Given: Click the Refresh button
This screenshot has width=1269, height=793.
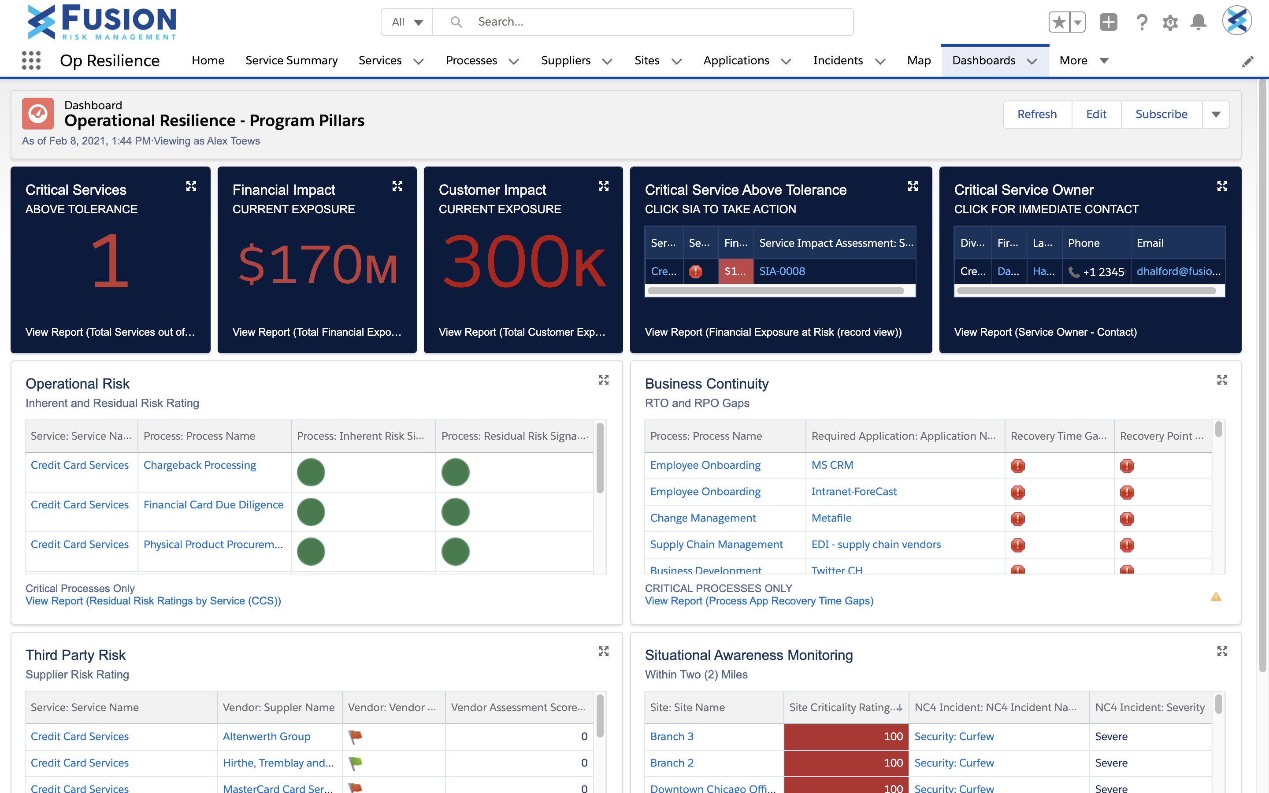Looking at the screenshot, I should (x=1036, y=115).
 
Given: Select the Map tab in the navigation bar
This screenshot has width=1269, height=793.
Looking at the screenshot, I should (x=918, y=61).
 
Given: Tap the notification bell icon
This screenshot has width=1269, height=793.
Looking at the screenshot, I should (x=1198, y=22).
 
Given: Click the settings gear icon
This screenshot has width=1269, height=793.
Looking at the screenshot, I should (x=1170, y=22).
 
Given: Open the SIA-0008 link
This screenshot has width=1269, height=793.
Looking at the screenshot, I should (x=781, y=271).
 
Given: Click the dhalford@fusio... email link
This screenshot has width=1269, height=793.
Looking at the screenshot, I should (x=1178, y=271).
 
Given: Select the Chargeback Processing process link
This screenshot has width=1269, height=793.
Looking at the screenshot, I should (x=199, y=465).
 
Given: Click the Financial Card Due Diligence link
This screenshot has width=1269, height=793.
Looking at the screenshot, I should (x=213, y=504).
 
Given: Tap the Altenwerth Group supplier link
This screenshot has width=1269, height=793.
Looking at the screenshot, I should (x=267, y=736).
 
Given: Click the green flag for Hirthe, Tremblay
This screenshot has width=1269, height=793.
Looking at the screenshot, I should (x=356, y=763).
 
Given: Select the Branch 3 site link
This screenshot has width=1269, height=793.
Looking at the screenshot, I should (x=671, y=736).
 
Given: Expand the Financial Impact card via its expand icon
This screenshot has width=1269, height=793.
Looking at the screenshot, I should (x=397, y=186).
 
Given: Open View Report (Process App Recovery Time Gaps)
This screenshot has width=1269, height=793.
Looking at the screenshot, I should (x=758, y=601).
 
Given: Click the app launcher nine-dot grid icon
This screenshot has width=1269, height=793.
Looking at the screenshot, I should (x=31, y=61).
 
